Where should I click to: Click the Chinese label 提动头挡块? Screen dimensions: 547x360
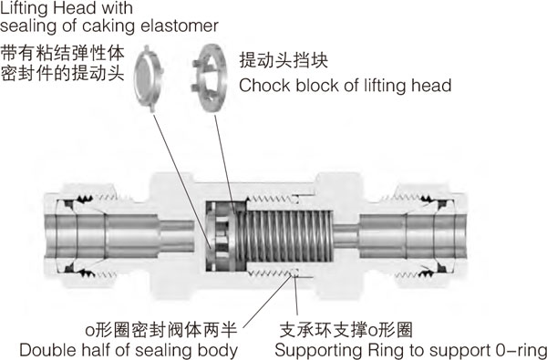(x=284, y=60)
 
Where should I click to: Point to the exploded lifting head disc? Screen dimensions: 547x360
(x=149, y=78)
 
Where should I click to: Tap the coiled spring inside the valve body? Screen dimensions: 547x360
(x=284, y=236)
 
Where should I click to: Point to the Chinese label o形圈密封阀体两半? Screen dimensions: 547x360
(x=161, y=330)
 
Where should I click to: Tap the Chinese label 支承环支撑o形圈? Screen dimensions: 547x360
(x=346, y=330)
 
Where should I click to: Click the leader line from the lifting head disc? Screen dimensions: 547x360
(x=182, y=181)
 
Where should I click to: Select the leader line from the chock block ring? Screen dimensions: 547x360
(x=225, y=163)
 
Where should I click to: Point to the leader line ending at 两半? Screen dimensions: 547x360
(x=268, y=301)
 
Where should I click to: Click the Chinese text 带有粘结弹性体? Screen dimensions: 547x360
(x=62, y=54)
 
